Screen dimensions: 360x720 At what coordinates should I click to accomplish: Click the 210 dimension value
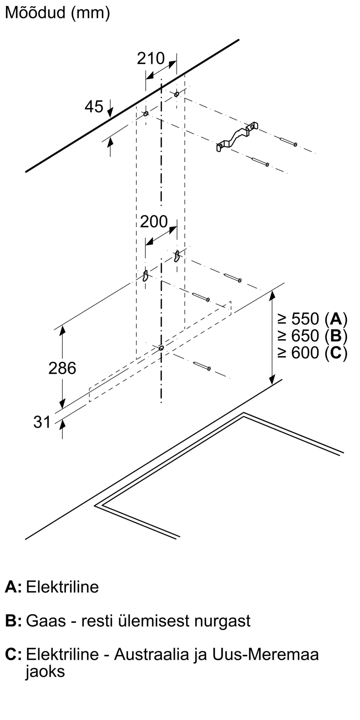pyautogui.click(x=150, y=58)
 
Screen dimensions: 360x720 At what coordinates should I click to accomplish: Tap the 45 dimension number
pyautogui.click(x=94, y=107)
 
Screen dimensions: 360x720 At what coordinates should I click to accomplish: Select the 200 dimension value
pyautogui.click(x=154, y=222)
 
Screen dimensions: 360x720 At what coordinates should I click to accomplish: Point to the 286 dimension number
pyautogui.click(x=62, y=368)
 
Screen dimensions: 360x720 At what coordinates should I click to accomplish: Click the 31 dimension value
pyautogui.click(x=42, y=422)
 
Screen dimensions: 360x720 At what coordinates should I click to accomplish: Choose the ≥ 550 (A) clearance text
pyautogui.click(x=312, y=319)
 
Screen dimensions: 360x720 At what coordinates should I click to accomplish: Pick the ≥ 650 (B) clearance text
pyautogui.click(x=312, y=336)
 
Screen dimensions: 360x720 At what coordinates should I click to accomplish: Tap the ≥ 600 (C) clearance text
pyautogui.click(x=312, y=353)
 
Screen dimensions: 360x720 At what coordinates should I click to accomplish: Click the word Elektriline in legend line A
pyautogui.click(x=62, y=587)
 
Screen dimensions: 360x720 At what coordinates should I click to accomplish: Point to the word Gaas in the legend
pyautogui.click(x=46, y=621)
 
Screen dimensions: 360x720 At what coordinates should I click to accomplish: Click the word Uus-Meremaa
pyautogui.click(x=265, y=654)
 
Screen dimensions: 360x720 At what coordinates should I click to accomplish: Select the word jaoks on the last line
pyautogui.click(x=45, y=671)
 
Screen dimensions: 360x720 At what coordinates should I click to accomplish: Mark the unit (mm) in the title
pyautogui.click(x=90, y=13)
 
